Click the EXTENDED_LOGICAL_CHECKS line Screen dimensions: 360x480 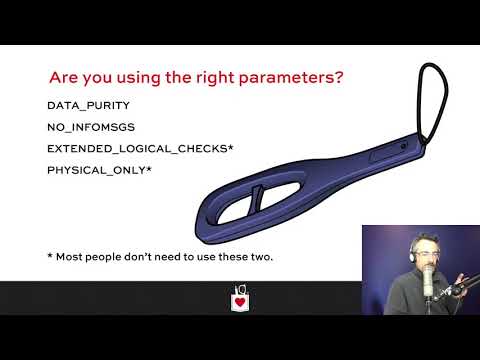pyautogui.click(x=137, y=149)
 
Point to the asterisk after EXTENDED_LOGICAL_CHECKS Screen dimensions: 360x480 pyautogui.click(x=230, y=148)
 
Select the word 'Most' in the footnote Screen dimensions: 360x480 pyautogui.click(x=71, y=257)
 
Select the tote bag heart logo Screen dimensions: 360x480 pyautogui.click(x=240, y=298)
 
